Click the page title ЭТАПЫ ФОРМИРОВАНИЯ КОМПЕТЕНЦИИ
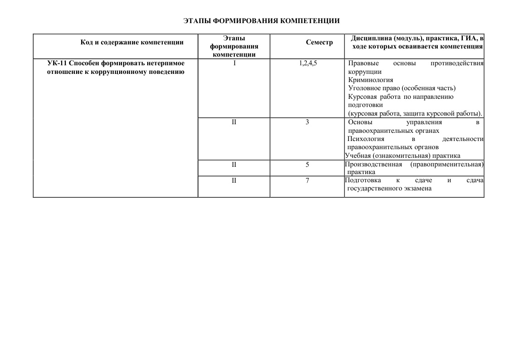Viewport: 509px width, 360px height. (x=262, y=21)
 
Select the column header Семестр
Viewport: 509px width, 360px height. (x=319, y=42)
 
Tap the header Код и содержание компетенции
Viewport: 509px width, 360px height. (x=132, y=42)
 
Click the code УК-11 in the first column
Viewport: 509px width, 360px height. (x=57, y=63)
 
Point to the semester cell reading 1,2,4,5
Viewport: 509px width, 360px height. (x=308, y=63)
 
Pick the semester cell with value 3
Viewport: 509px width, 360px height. (x=307, y=122)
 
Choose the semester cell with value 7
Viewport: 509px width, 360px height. (x=307, y=180)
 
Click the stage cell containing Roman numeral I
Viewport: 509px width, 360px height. (x=234, y=63)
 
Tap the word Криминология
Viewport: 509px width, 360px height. (x=370, y=80)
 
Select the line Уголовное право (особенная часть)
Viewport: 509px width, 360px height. (x=402, y=88)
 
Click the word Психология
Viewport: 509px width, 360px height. (x=366, y=139)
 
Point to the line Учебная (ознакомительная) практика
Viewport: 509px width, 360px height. (x=402, y=156)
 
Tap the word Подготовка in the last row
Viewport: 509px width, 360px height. (x=363, y=180)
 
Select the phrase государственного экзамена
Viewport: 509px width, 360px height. (x=389, y=189)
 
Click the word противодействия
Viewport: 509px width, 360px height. (x=457, y=63)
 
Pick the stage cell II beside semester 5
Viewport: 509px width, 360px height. (x=234, y=164)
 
